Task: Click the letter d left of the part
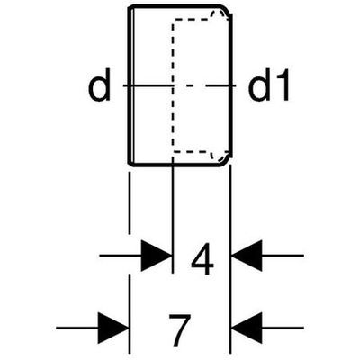(x=100, y=86)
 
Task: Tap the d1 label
(x=268, y=85)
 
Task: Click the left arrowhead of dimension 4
(x=157, y=256)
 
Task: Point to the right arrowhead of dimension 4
(x=247, y=256)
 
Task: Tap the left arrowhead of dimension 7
(x=113, y=328)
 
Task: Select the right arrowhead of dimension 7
(x=247, y=328)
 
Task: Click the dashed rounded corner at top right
(x=223, y=13)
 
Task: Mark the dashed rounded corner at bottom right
(x=223, y=156)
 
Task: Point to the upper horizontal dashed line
(x=192, y=20)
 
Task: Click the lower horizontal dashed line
(x=192, y=151)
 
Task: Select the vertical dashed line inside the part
(x=173, y=85)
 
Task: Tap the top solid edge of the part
(x=175, y=6)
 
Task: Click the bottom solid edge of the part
(x=175, y=165)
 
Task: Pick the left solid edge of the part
(x=130, y=85)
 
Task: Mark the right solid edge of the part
(x=230, y=85)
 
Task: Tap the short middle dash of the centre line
(x=189, y=86)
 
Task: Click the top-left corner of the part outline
(x=129, y=6)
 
